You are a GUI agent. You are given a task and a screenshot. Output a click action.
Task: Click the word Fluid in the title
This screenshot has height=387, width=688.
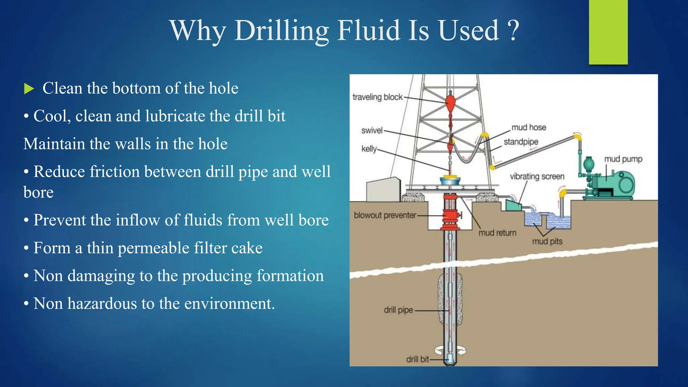click(x=369, y=31)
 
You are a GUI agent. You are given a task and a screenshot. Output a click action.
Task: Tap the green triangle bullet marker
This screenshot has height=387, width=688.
click(x=29, y=89)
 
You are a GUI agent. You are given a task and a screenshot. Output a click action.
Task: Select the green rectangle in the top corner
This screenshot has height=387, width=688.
click(x=608, y=32)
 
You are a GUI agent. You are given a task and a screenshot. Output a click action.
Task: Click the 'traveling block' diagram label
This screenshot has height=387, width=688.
click(x=377, y=97)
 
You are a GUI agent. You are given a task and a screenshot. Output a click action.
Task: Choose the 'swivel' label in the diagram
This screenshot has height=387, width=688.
click(x=372, y=130)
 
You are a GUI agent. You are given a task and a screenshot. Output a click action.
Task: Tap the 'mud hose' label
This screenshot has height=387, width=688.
click(x=528, y=127)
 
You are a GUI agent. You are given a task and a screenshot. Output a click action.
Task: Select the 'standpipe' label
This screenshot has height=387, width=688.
click(x=521, y=142)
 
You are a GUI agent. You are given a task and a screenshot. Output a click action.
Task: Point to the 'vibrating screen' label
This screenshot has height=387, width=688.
click(x=537, y=176)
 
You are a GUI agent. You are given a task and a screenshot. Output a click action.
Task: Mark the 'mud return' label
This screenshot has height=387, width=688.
click(x=497, y=233)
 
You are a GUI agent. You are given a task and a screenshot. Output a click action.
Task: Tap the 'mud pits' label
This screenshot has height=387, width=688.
click(x=547, y=241)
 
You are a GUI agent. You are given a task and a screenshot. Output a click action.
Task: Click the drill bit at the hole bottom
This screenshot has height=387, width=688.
click(x=450, y=360)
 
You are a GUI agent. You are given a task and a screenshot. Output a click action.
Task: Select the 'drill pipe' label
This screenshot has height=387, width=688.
click(x=398, y=310)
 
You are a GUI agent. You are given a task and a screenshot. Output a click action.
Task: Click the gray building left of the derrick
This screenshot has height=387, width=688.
click(x=383, y=190)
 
